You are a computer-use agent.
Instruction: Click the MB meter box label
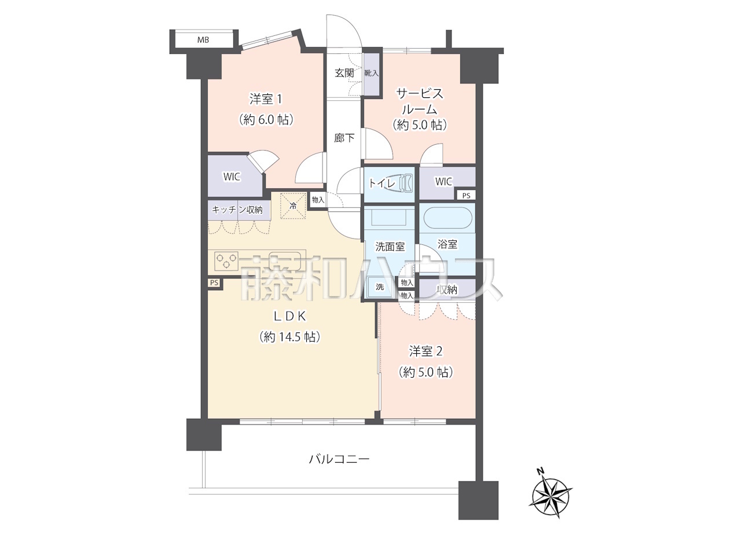pyautogui.click(x=203, y=40)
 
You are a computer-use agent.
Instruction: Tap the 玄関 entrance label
pyautogui.click(x=344, y=73)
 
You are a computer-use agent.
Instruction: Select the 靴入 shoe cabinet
pyautogui.click(x=371, y=73)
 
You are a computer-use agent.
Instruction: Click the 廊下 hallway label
pyautogui.click(x=344, y=138)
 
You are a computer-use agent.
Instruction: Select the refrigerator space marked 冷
pyautogui.click(x=293, y=206)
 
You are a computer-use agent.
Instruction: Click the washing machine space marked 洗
pyautogui.click(x=380, y=287)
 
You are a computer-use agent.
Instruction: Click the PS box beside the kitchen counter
pyautogui.click(x=214, y=283)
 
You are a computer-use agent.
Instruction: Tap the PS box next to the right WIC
pyautogui.click(x=466, y=195)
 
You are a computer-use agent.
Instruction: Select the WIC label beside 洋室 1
pyautogui.click(x=232, y=177)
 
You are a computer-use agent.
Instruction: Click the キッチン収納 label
pyautogui.click(x=237, y=210)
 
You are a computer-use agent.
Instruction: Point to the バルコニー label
pyautogui.click(x=340, y=459)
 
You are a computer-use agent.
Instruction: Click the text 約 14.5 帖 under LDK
pyautogui.click(x=289, y=337)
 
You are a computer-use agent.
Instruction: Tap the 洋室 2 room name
pyautogui.click(x=425, y=352)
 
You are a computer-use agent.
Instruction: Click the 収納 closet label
pyautogui.click(x=447, y=290)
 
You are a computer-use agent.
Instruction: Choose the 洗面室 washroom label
pyautogui.click(x=390, y=247)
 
